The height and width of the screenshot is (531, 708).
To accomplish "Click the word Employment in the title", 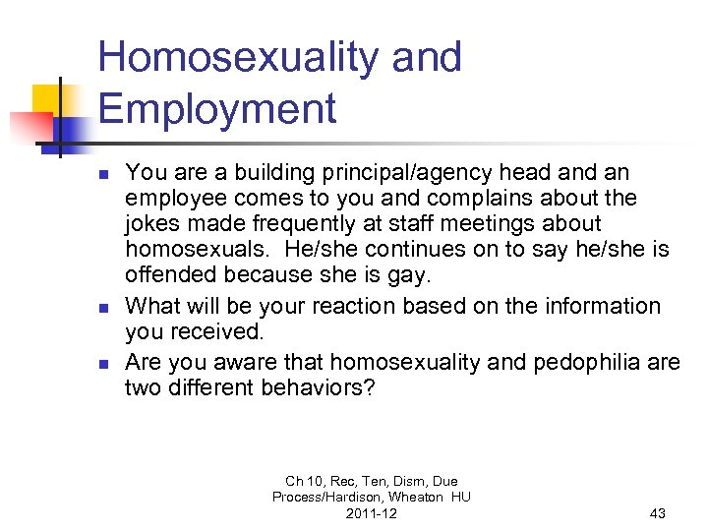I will pos(216,109).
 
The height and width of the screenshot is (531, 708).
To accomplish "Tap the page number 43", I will pos(658,513).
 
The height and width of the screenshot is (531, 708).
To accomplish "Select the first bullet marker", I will pos(103,174).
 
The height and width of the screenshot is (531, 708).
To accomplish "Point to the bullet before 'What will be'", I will pos(103,308).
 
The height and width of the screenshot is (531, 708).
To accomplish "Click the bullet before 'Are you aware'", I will pos(103,363).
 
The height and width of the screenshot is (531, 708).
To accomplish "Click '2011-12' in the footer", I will pos(371,513).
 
